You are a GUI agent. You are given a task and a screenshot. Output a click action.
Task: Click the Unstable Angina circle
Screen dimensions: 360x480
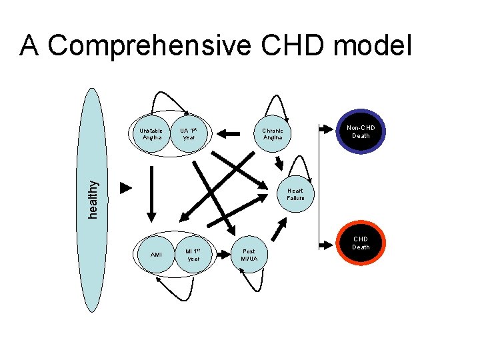point(152,133)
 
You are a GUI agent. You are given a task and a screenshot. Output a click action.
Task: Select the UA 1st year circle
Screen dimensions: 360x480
point(189,133)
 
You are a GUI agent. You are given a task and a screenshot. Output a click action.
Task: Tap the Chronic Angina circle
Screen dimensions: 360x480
point(272,133)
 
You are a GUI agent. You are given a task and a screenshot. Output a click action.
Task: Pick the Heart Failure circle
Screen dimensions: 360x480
point(295,194)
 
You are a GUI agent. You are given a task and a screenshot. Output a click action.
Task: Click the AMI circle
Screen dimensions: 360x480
point(156,254)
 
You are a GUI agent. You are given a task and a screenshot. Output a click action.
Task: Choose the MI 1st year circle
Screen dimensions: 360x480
point(193,254)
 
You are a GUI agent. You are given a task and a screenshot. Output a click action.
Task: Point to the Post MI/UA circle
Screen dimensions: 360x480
point(249,255)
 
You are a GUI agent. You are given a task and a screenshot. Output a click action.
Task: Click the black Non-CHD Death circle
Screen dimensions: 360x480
point(361,131)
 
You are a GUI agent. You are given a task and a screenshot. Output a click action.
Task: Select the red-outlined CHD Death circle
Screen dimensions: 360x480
point(361,243)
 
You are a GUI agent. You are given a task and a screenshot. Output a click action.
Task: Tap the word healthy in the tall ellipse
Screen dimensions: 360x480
point(96,199)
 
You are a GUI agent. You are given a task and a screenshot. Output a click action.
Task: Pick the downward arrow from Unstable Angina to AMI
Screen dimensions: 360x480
point(151,193)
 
